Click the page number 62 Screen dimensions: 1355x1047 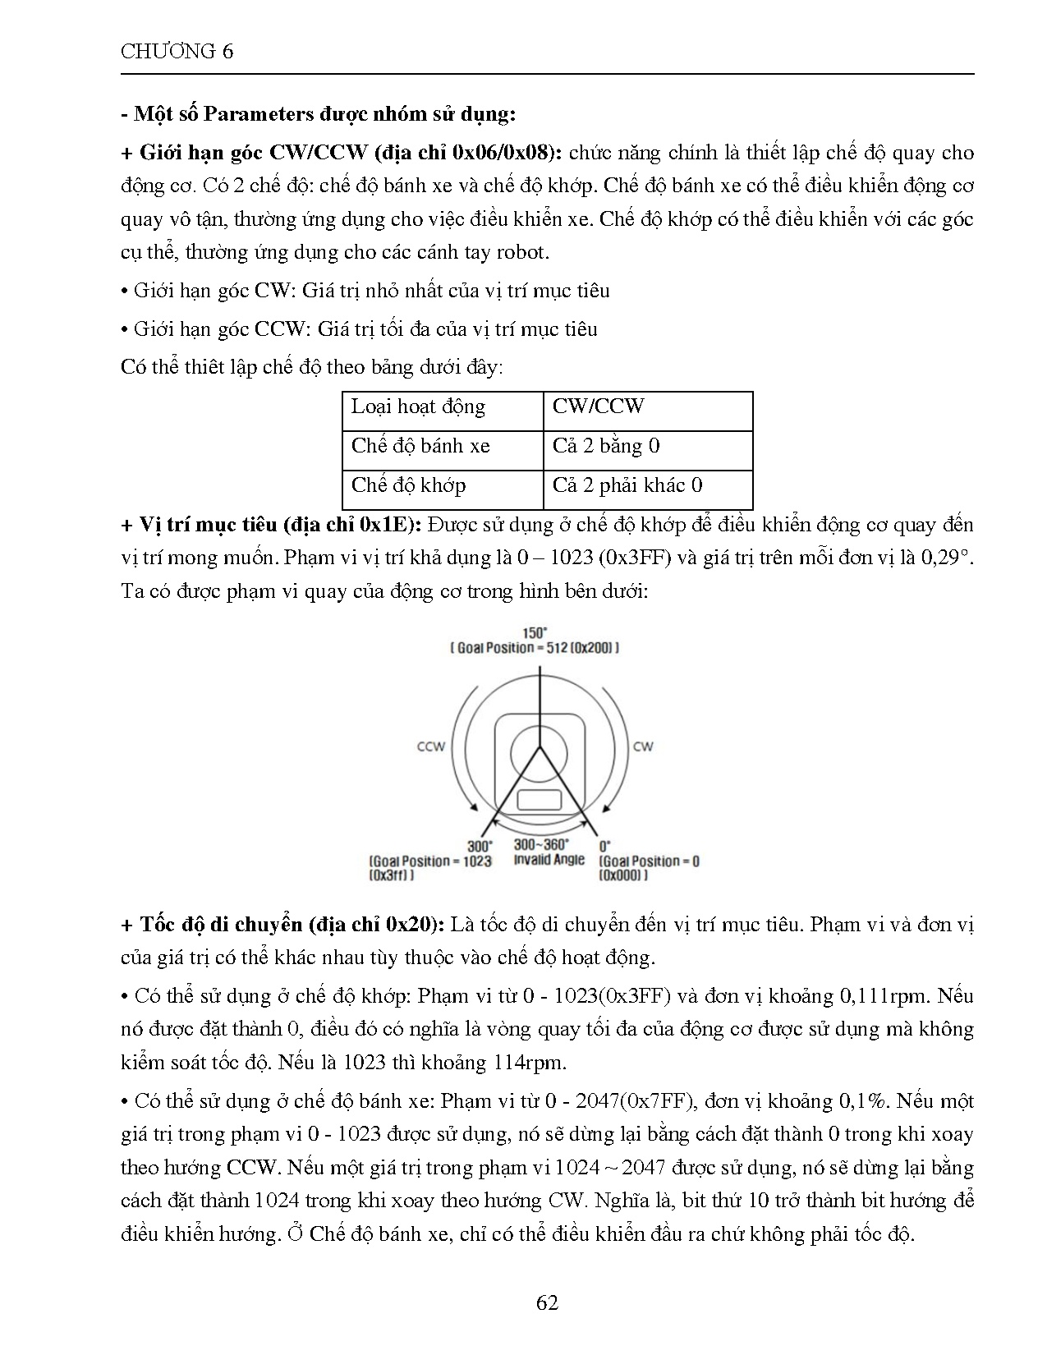pyautogui.click(x=547, y=1303)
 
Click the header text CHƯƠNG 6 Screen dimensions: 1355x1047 pyautogui.click(x=177, y=52)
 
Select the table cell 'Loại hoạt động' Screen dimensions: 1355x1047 pyautogui.click(x=418, y=406)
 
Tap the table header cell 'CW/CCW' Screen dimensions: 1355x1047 pyautogui.click(x=598, y=406)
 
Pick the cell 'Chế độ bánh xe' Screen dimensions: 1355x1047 pyautogui.click(x=420, y=446)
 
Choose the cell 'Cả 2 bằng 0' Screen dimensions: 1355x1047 pyautogui.click(x=606, y=446)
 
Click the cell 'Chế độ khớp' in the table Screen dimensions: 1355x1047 pyautogui.click(x=408, y=485)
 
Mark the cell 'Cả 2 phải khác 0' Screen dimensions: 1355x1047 pyautogui.click(x=627, y=485)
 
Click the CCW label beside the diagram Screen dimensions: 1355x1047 pyautogui.click(x=431, y=746)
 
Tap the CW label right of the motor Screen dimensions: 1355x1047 pyautogui.click(x=643, y=746)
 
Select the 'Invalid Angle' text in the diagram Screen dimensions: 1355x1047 pyautogui.click(x=549, y=860)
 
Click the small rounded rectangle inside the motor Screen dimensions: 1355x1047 pyautogui.click(x=540, y=799)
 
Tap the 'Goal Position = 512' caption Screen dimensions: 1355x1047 pyautogui.click(x=535, y=648)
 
